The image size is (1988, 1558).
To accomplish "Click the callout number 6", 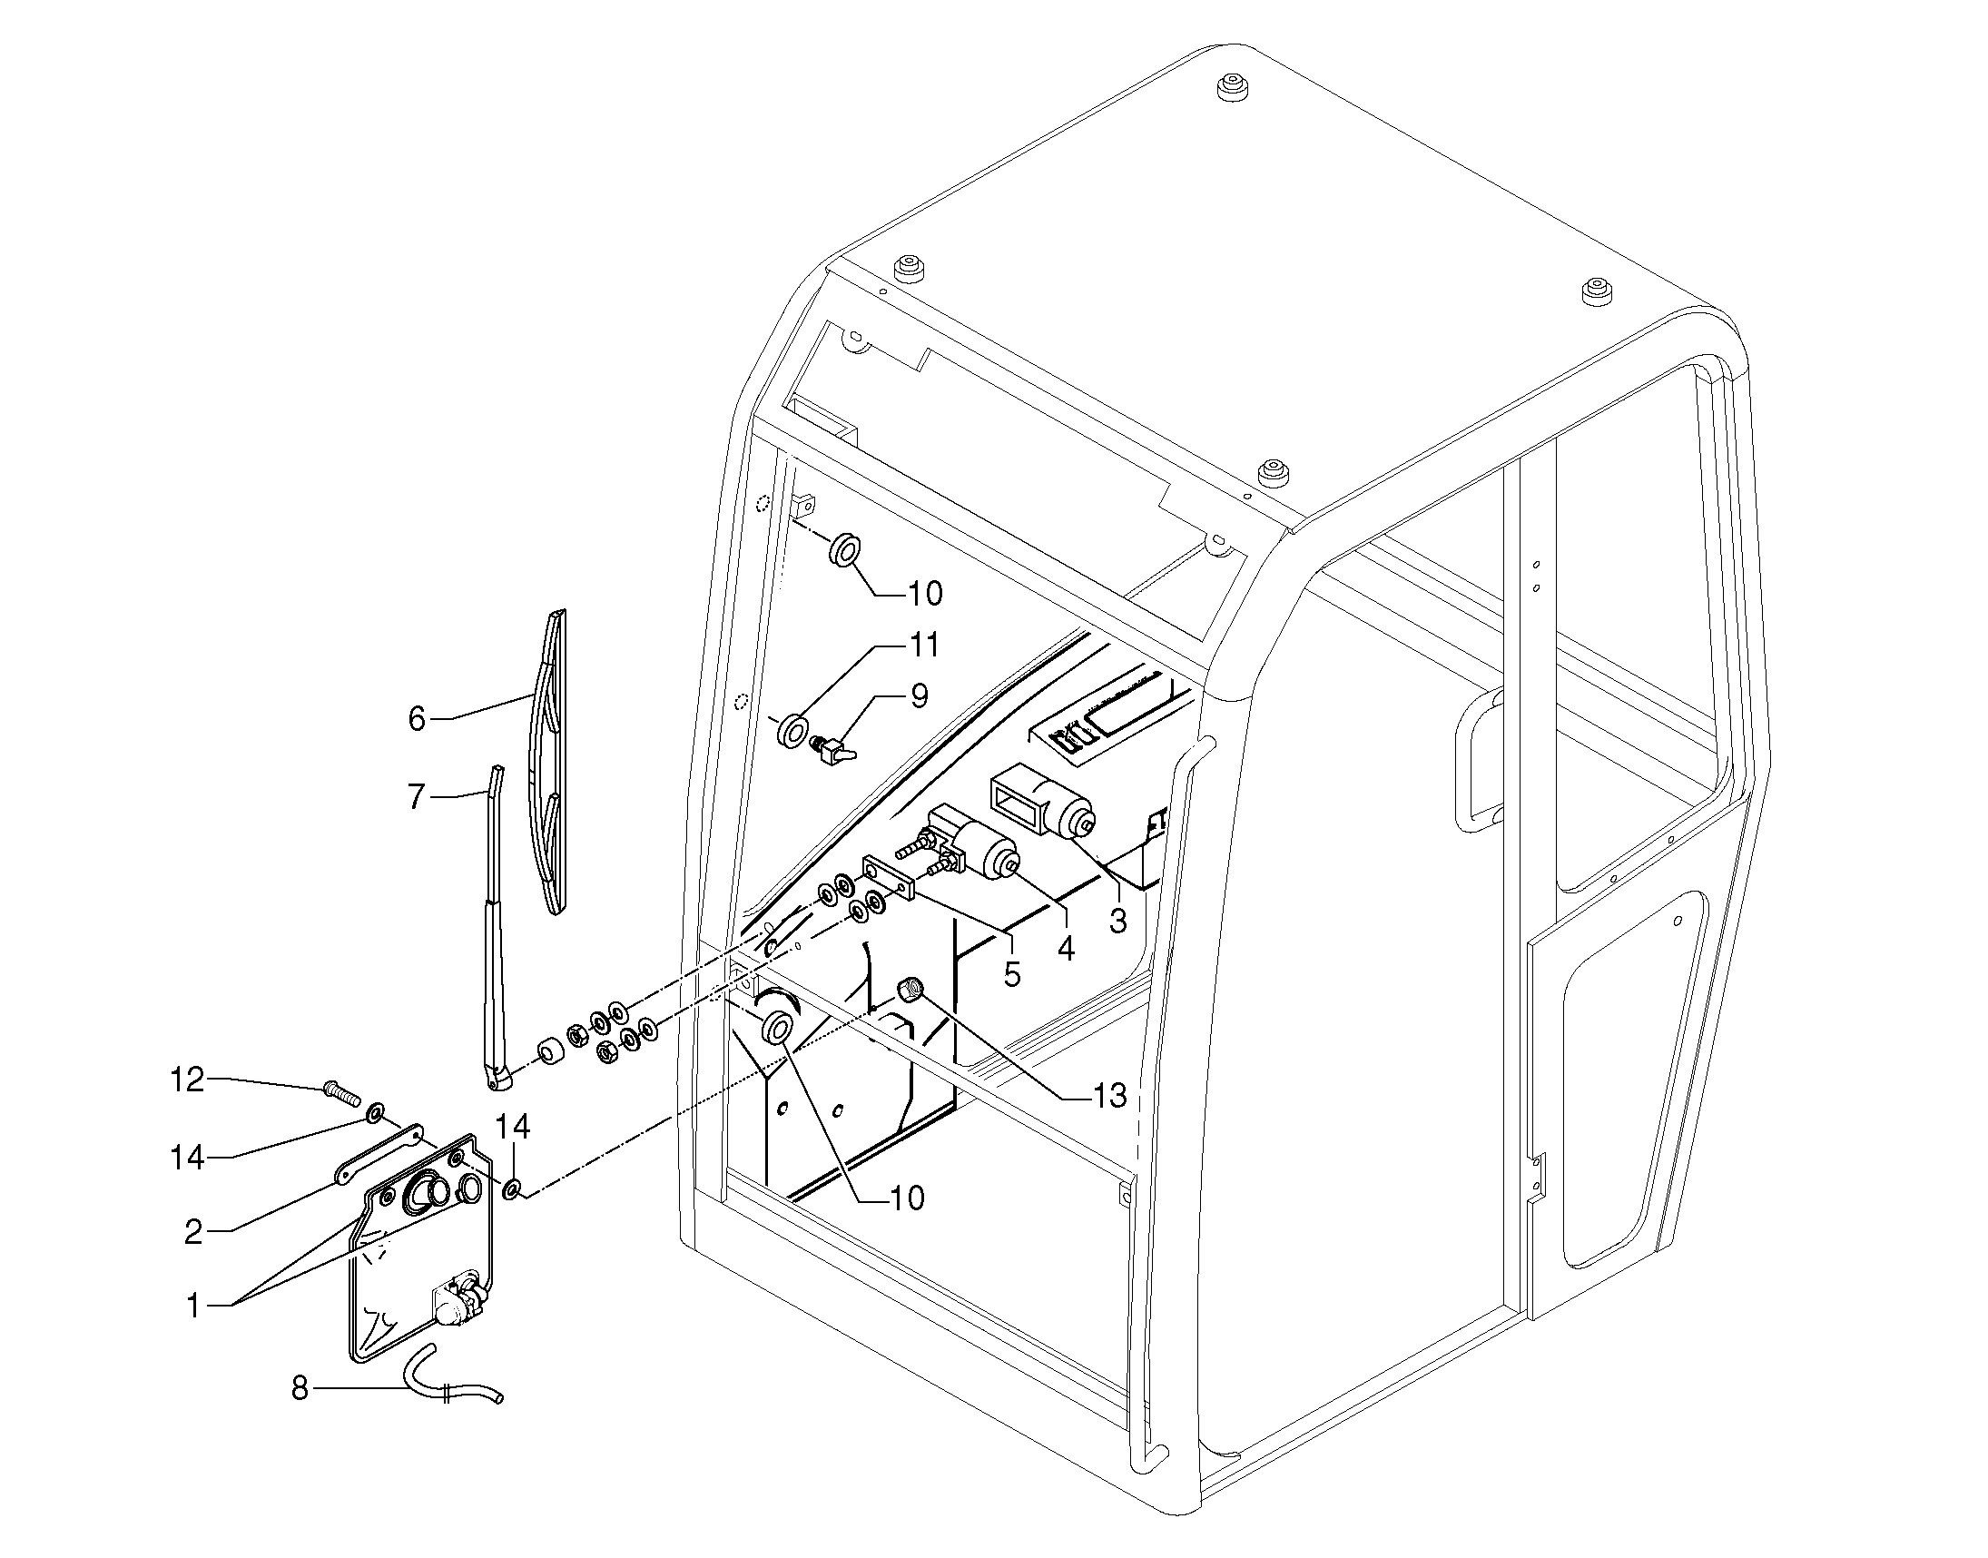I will pos(417,720).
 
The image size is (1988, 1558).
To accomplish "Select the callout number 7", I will pos(417,798).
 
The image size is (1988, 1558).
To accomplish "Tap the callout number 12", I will pos(188,1080).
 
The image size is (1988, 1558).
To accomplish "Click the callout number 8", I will pos(300,1389).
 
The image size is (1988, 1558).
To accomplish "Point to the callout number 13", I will pos(1110,1096).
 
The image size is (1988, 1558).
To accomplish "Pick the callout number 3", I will pos(1118,921).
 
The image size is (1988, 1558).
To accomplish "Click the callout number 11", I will pos(925,645).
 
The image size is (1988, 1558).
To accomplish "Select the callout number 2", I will pos(193,1232).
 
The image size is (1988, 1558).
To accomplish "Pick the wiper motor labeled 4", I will pos(976,844).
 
